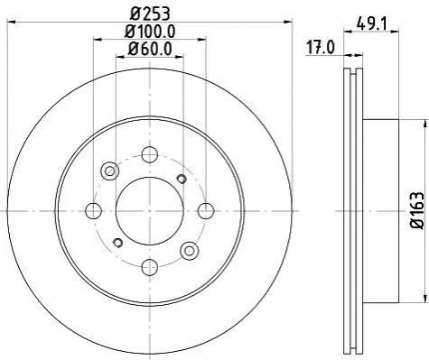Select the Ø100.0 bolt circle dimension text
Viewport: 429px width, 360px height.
[150, 32]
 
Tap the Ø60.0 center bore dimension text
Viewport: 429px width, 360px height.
[150, 49]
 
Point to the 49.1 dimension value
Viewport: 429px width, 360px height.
[372, 23]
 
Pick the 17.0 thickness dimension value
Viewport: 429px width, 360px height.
[321, 48]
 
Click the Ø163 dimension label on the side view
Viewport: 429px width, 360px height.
[417, 210]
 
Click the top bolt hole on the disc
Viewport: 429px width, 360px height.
[150, 154]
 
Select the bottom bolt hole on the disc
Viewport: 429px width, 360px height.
[150, 267]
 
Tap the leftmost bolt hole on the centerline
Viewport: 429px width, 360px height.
[93, 211]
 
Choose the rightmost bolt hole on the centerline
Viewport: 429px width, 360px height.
[206, 211]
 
